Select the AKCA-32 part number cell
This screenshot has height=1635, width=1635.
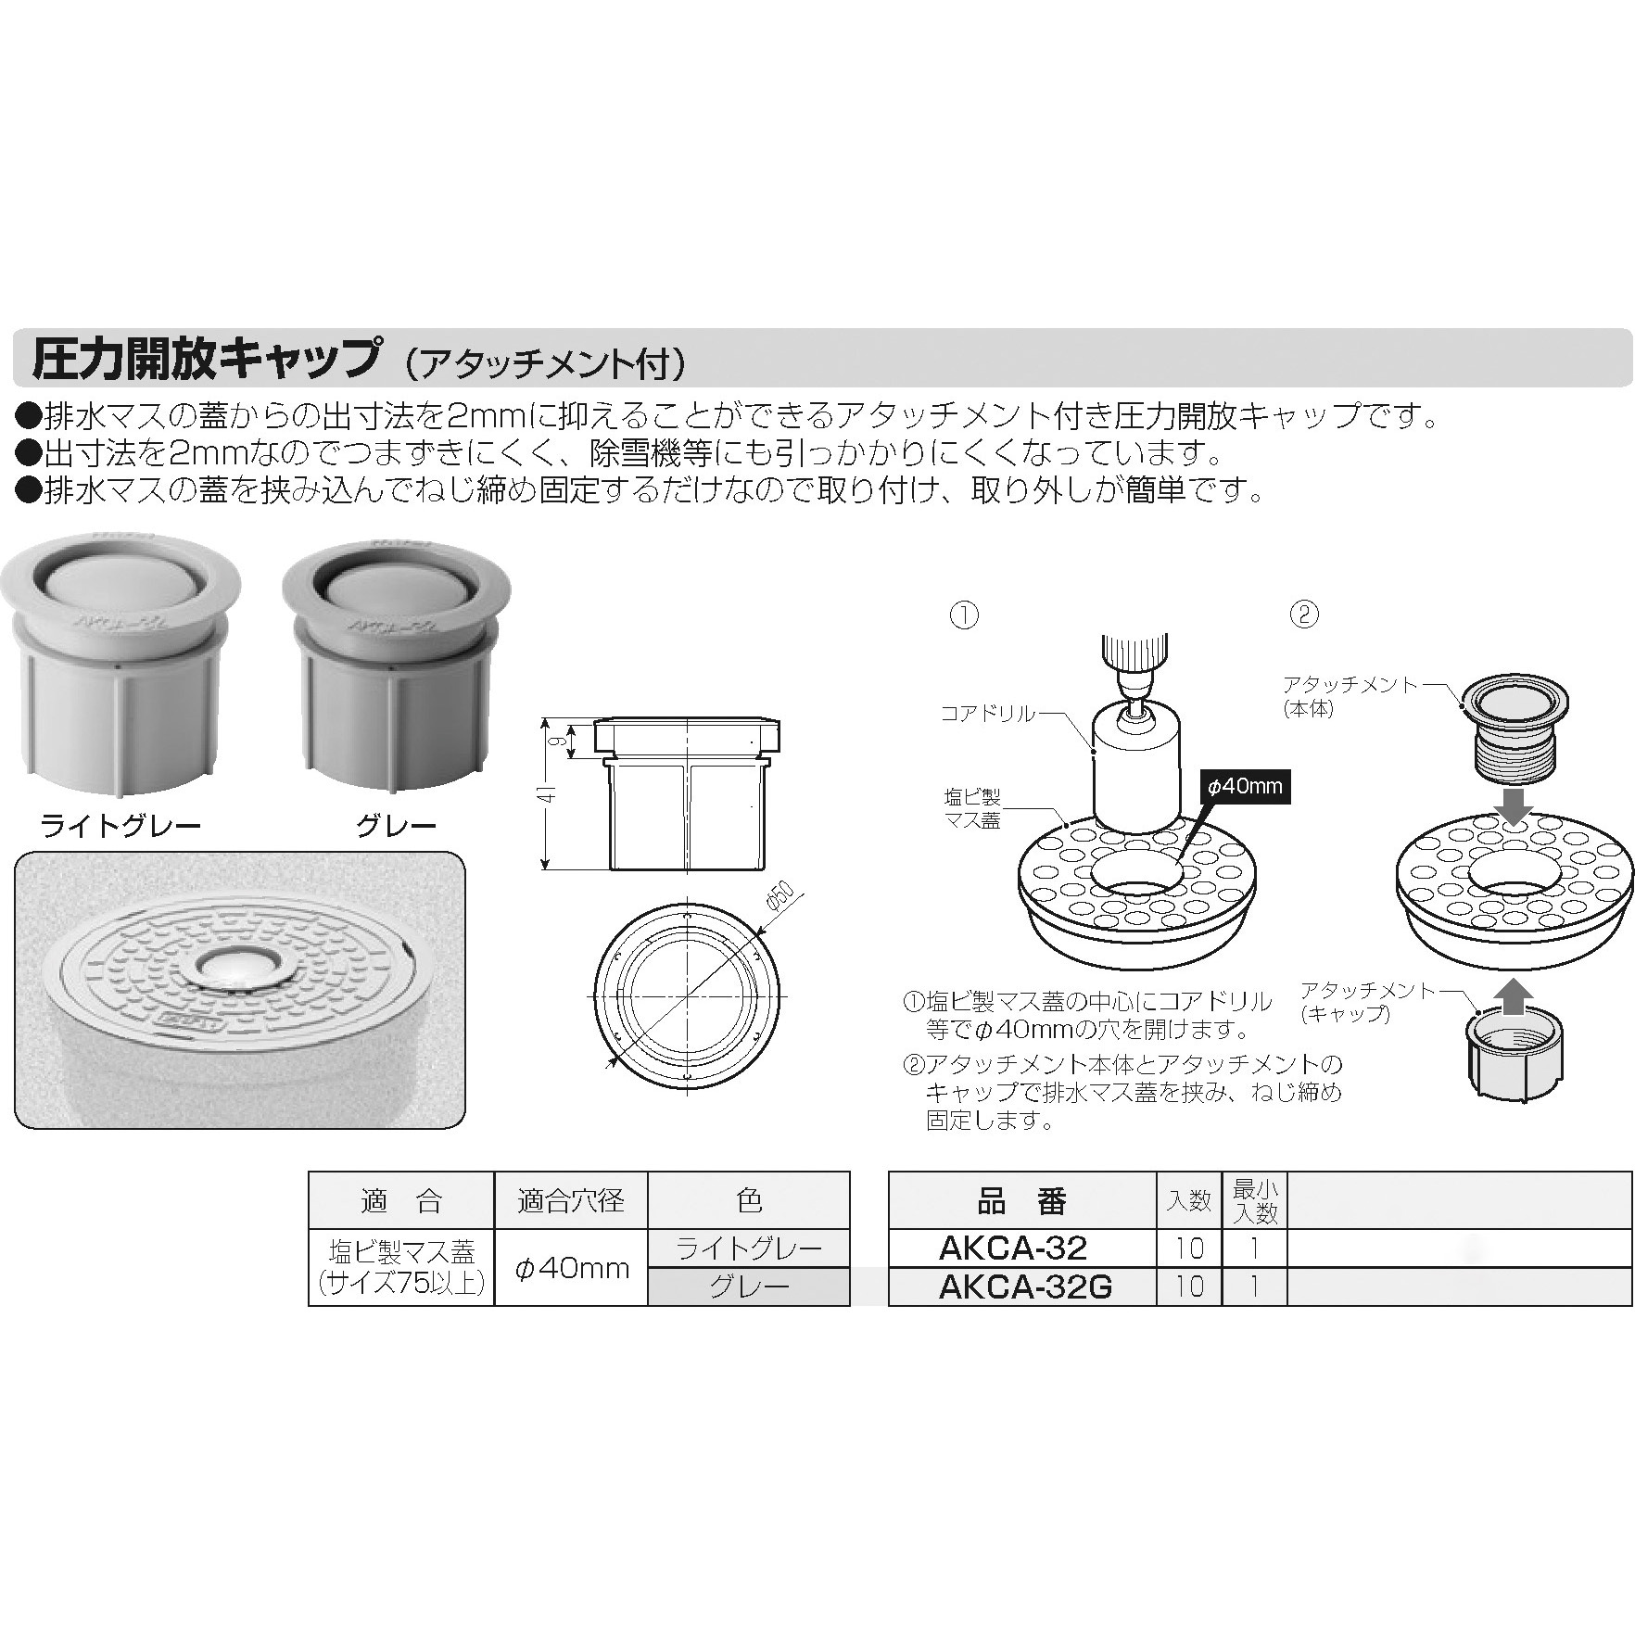click(x=1012, y=1248)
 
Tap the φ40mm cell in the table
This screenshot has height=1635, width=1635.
click(x=571, y=1268)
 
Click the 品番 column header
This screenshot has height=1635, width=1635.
click(x=1022, y=1202)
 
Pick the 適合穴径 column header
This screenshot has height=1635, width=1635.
click(x=571, y=1202)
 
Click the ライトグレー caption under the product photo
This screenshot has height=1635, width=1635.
click(x=120, y=826)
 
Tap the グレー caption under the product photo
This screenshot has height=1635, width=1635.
click(x=396, y=826)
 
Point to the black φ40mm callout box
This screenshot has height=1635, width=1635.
click(x=1244, y=787)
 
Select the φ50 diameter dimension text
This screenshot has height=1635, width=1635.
click(x=782, y=897)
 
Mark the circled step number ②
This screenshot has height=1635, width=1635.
click(x=1304, y=615)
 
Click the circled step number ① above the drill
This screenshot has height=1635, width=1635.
click(x=965, y=615)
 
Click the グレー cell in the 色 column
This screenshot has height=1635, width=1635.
click(x=749, y=1287)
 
